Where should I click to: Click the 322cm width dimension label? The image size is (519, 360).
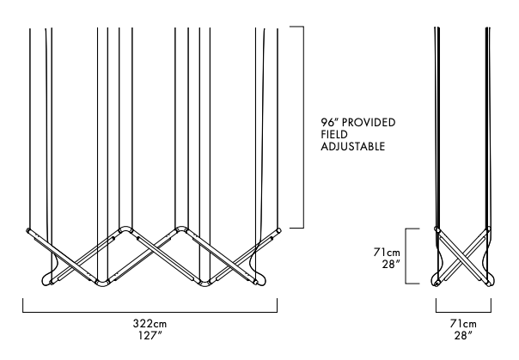tap(150, 323)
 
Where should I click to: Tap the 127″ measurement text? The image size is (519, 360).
tap(150, 336)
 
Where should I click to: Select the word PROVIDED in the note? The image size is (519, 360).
tap(369, 122)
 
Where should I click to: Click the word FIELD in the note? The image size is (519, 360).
tap(334, 134)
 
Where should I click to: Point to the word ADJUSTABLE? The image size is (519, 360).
tap(353, 146)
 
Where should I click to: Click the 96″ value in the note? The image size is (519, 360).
tap(329, 122)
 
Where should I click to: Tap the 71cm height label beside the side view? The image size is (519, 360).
tap(387, 253)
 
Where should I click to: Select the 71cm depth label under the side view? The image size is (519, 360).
tap(463, 323)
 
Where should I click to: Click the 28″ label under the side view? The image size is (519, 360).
tap(463, 336)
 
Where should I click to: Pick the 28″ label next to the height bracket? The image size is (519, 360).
tap(391, 265)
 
